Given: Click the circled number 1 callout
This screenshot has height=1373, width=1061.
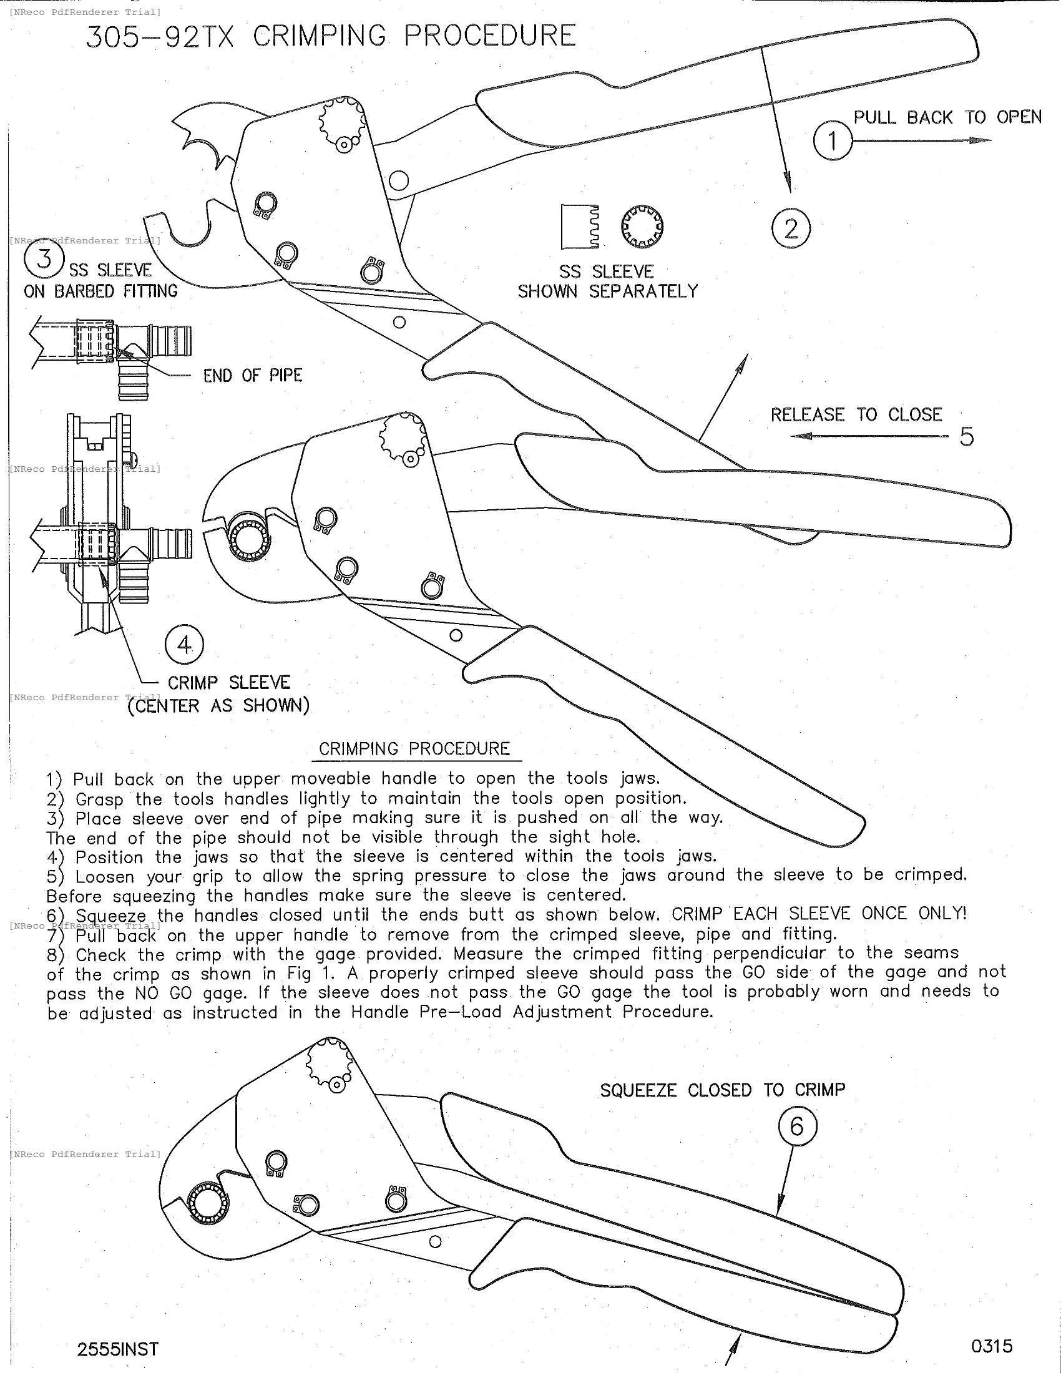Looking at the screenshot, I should pyautogui.click(x=832, y=140).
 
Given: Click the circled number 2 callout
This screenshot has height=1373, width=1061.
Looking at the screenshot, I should pyautogui.click(x=791, y=228).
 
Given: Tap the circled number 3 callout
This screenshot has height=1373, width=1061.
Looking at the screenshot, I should pyautogui.click(x=44, y=258).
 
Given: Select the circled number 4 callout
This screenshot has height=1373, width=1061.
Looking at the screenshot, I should pyautogui.click(x=184, y=645).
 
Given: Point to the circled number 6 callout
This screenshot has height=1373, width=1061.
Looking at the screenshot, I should pyautogui.click(x=797, y=1126).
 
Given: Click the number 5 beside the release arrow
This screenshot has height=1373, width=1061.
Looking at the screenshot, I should pyautogui.click(x=967, y=436).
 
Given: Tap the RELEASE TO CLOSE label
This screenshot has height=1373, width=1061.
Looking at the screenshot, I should pyautogui.click(x=856, y=415).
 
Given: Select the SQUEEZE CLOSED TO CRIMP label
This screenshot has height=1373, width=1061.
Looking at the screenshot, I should pyautogui.click(x=722, y=1090).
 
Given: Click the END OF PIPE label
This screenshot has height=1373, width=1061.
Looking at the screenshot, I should pyautogui.click(x=253, y=376).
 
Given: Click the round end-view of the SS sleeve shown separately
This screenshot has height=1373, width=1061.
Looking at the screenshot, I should pyautogui.click(x=642, y=227).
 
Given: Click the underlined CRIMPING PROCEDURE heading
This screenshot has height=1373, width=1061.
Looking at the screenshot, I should pyautogui.click(x=414, y=749).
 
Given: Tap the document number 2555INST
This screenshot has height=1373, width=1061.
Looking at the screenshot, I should pyautogui.click(x=117, y=1349).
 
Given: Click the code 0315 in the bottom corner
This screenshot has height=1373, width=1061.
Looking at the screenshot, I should pyautogui.click(x=991, y=1346).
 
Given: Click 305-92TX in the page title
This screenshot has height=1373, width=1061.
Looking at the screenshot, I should pyautogui.click(x=160, y=36).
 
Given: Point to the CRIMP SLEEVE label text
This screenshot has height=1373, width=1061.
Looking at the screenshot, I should pyautogui.click(x=229, y=683).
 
